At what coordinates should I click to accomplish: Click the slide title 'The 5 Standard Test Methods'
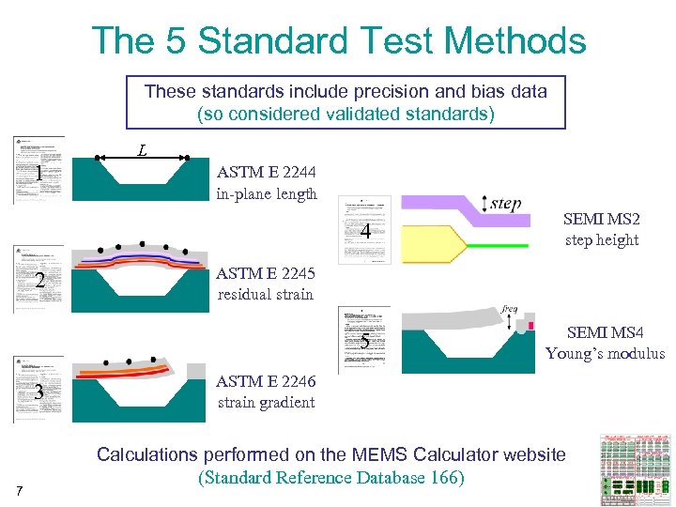[338, 41]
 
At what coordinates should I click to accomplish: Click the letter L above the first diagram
[142, 148]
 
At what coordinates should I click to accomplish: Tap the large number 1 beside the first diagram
[38, 174]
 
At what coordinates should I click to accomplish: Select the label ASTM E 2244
[266, 173]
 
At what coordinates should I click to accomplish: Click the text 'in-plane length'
[267, 194]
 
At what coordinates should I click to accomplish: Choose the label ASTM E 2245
[266, 274]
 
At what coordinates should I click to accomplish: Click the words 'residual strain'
[266, 294]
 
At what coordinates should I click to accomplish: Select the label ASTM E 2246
[266, 382]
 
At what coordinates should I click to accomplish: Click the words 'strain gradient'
[266, 403]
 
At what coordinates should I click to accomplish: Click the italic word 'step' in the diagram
[505, 204]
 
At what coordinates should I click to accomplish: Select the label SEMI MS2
[601, 219]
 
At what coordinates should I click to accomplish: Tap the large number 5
[365, 341]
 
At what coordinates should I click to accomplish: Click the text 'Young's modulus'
[605, 354]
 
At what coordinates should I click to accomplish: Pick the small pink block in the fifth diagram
[530, 326]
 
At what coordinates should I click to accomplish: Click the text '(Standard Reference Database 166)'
[330, 477]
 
